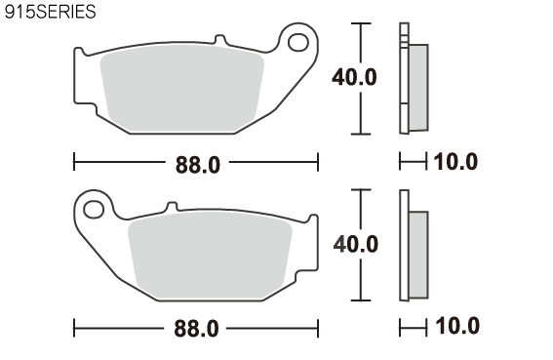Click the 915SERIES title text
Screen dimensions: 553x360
point(50,12)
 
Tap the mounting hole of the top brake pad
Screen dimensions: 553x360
point(298,42)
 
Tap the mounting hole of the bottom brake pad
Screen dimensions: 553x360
point(94,209)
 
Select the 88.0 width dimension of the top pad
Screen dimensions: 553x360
point(198,165)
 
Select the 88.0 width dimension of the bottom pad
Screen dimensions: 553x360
point(196,329)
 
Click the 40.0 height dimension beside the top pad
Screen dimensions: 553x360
point(354,77)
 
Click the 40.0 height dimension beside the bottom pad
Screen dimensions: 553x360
point(355,244)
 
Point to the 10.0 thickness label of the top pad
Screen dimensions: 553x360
point(455,162)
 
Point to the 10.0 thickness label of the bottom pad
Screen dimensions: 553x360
point(457,326)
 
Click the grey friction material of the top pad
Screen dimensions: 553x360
point(182,88)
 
